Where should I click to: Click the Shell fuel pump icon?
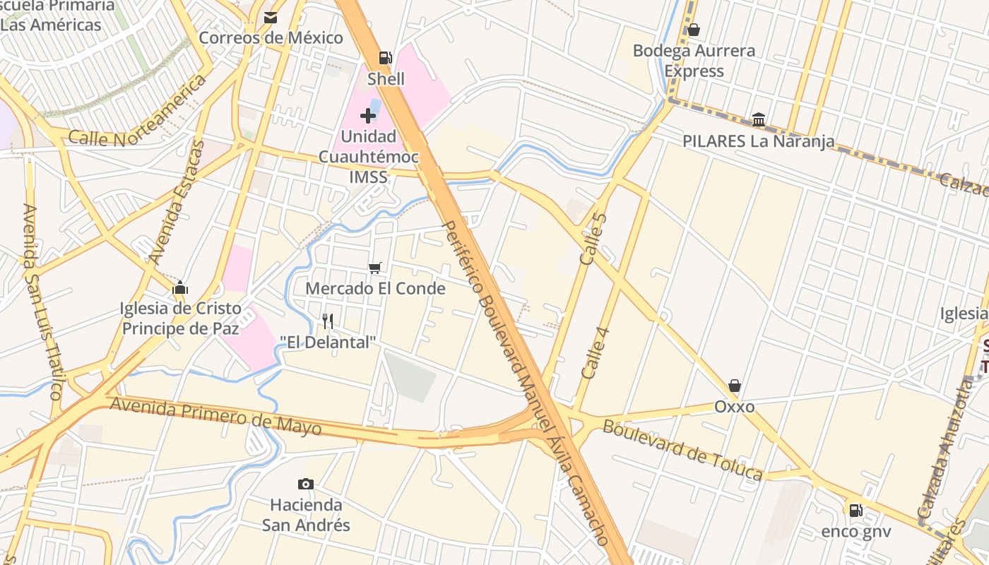pyautogui.click(x=385, y=58)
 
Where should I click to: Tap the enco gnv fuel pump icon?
pyautogui.click(x=855, y=510)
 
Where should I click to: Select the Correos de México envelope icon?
pyautogui.click(x=271, y=18)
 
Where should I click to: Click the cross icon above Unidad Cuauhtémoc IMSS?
pyautogui.click(x=368, y=115)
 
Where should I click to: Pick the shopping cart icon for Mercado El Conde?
pyautogui.click(x=375, y=268)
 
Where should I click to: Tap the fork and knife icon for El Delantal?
pyautogui.click(x=327, y=321)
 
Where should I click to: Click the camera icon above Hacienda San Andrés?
pyautogui.click(x=306, y=484)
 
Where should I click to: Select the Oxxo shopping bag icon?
pyautogui.click(x=735, y=386)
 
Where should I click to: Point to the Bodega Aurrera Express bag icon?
pyautogui.click(x=694, y=30)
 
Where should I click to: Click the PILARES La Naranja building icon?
pyautogui.click(x=759, y=119)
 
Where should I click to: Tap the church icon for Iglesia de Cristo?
pyautogui.click(x=180, y=287)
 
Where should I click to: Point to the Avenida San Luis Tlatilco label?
pyautogui.click(x=42, y=302)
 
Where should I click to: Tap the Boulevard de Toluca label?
pyautogui.click(x=682, y=449)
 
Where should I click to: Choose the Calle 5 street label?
pyautogui.click(x=593, y=239)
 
